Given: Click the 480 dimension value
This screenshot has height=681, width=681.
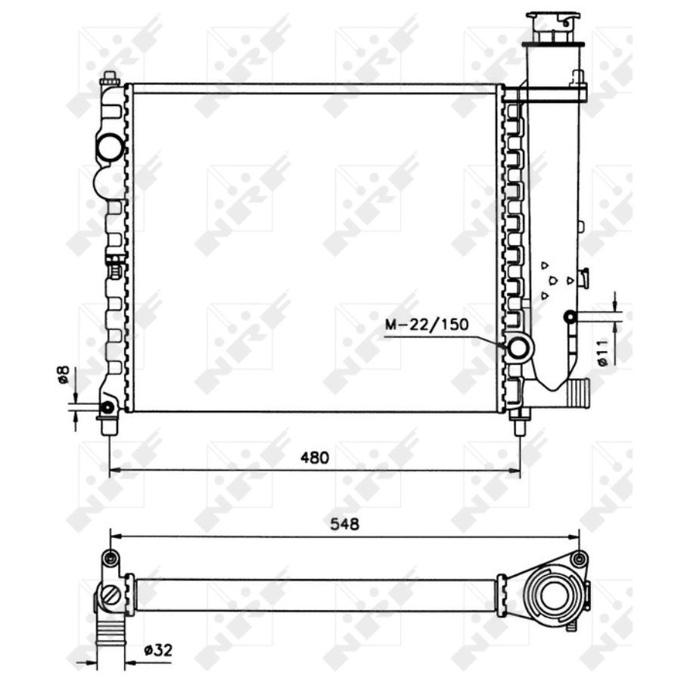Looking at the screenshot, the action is tap(315, 457).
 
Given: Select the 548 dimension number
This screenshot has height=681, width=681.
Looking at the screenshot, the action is tap(345, 524).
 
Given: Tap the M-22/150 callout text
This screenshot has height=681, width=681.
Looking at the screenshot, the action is tap(427, 325).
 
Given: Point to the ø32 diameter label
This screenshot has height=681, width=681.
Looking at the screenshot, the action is tap(158, 650).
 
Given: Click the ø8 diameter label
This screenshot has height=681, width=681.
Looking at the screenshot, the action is tap(64, 375).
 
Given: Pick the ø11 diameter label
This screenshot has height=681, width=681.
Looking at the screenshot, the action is tap(603, 353).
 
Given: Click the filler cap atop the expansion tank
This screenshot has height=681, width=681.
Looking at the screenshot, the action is tap(553, 28).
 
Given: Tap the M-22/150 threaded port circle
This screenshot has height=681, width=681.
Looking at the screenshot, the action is tap(519, 347).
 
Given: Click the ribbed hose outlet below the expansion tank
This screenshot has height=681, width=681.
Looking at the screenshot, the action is tap(577, 392).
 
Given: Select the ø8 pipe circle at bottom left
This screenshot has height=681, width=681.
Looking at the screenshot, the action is tap(107, 407).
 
